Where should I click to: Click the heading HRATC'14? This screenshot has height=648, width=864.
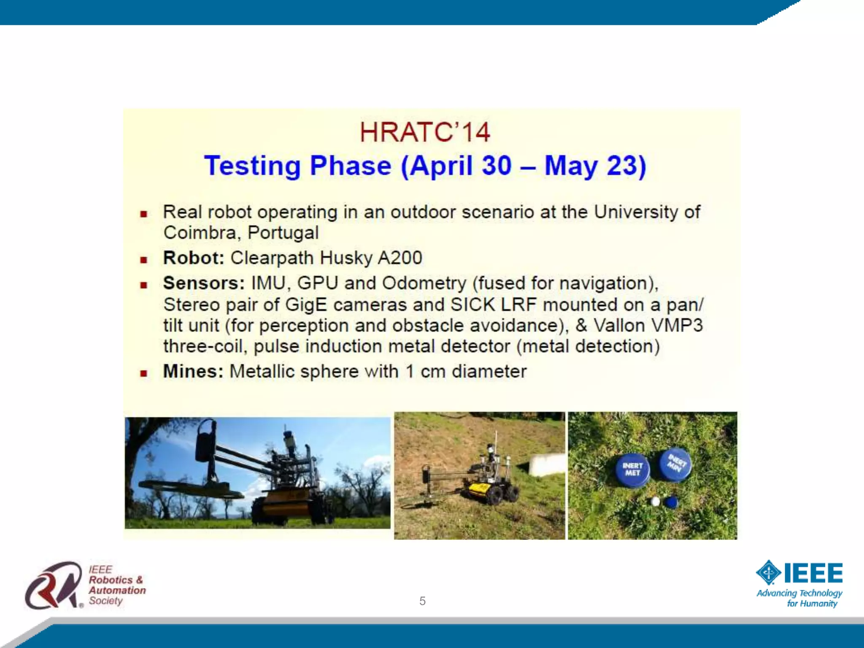point(425,132)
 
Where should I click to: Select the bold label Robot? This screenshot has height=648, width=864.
point(194,258)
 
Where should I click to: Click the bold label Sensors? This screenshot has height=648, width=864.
point(204,283)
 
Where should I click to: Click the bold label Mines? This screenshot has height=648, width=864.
point(193,372)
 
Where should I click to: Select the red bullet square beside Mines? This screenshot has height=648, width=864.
point(144,373)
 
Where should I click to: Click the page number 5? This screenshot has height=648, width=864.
point(422,601)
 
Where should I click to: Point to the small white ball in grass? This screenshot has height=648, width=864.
point(655,502)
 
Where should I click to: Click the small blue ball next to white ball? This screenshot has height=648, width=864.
point(670,502)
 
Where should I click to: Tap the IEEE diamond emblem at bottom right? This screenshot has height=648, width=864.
point(768,572)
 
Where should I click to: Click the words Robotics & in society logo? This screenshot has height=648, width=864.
point(116,580)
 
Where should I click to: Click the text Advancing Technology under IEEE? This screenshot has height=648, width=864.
point(799,593)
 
